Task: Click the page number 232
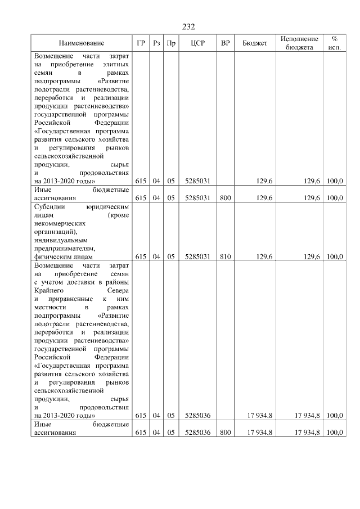(188, 27)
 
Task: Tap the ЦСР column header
(197, 43)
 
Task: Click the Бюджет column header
(254, 43)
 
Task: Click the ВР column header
(225, 43)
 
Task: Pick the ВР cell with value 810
(225, 256)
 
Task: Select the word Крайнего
(49, 290)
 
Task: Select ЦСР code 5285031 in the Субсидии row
(197, 256)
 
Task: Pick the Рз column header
(156, 43)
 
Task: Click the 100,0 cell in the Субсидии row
(335, 256)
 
